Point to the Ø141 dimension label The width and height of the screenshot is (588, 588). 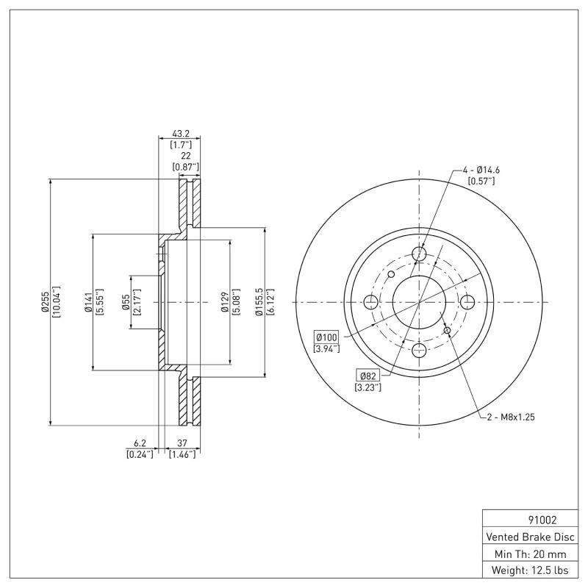87,302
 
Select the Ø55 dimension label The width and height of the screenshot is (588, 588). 126,302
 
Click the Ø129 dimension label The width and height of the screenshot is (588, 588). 224,302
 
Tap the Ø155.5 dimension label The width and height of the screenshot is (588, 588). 257,302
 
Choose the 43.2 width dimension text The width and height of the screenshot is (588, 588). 181,134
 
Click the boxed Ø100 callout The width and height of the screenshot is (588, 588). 326,336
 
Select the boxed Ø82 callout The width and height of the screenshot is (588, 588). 367,375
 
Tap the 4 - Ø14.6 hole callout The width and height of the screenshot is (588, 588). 481,170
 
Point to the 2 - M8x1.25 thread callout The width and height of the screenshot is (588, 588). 509,417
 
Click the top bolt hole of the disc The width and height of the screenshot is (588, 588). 420,254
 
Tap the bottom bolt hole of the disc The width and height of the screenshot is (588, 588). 420,350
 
